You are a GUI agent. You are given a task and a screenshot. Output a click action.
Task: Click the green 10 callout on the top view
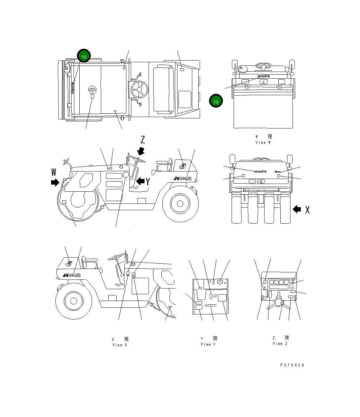point(84,56)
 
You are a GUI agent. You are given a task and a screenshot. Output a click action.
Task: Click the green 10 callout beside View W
point(216,101)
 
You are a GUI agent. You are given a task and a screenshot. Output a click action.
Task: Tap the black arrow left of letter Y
point(141,181)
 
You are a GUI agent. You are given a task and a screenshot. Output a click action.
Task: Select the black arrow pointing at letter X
point(297,209)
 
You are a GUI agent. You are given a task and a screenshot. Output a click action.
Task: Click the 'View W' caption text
point(263,143)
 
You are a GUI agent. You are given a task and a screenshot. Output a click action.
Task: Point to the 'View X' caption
point(120,345)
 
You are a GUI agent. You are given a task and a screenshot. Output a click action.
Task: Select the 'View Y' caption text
point(208,344)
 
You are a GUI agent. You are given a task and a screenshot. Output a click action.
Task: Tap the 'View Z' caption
point(280,344)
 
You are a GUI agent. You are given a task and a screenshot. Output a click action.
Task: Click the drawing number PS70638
point(292,365)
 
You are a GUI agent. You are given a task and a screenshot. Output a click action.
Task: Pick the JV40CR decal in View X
point(72,275)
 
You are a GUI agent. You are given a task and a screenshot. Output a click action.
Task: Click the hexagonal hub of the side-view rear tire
point(180,203)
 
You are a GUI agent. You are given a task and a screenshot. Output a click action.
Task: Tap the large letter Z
point(143,140)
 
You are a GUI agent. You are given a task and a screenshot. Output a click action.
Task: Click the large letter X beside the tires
point(307,210)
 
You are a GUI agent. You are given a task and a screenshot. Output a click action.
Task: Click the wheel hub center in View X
point(73,300)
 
